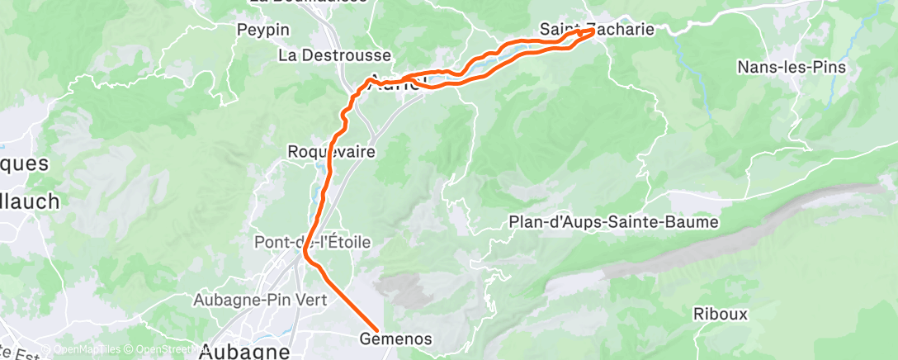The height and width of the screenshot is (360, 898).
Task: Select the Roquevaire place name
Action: click(x=331, y=152)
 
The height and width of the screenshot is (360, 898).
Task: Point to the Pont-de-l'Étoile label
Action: click(x=313, y=243)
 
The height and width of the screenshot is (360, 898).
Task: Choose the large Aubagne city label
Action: click(x=245, y=351)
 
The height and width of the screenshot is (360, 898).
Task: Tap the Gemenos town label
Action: click(x=396, y=339)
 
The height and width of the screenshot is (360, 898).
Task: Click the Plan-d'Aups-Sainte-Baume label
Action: click(x=614, y=222)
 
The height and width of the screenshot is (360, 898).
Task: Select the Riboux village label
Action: click(x=720, y=314)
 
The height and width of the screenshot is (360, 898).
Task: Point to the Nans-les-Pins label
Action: click(x=792, y=67)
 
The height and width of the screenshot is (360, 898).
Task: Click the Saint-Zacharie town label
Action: click(x=597, y=29)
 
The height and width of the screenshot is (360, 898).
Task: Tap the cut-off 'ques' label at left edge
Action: click(x=24, y=163)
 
